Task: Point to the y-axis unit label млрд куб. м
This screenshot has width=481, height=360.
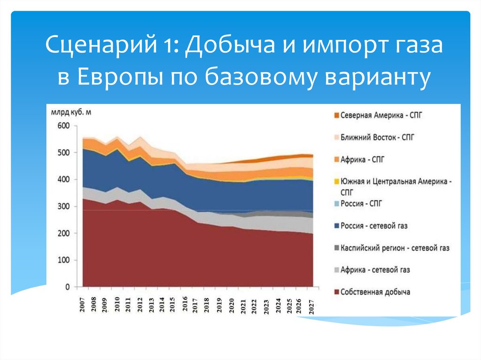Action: point(70,111)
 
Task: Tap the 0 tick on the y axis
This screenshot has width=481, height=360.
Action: point(67,287)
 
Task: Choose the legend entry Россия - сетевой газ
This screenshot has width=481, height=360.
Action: point(374,226)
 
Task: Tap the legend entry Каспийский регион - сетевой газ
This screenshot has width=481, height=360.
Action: point(395,248)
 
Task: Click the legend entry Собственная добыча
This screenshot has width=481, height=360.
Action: point(375,292)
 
